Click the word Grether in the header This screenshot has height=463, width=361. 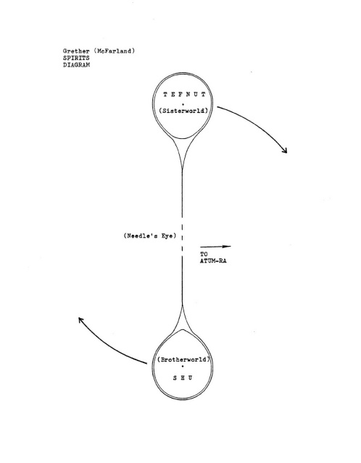point(76,51)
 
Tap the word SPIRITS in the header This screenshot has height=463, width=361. point(76,58)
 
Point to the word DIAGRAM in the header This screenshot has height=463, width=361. point(76,65)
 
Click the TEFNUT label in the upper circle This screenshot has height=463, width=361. point(184,95)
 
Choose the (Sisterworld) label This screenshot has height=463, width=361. point(183,111)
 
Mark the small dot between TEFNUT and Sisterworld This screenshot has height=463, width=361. point(183,104)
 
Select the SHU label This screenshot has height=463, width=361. point(183,378)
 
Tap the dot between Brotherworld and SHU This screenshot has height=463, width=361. point(183,367)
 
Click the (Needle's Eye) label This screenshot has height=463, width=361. point(150,236)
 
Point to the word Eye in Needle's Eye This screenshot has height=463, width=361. point(167,236)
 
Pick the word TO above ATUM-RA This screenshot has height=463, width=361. point(204,254)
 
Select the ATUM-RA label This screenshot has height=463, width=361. point(213,261)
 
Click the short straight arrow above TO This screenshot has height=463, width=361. point(215,246)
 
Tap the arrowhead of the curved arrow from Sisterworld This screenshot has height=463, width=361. point(285,150)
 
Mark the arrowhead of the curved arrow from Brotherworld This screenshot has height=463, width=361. point(80,320)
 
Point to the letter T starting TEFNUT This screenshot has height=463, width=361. point(165,95)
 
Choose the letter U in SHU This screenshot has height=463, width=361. point(190,378)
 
